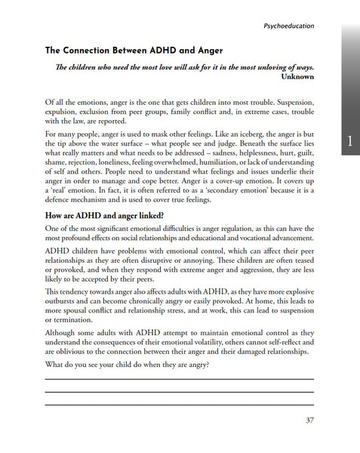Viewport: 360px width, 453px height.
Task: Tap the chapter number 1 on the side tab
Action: click(350, 140)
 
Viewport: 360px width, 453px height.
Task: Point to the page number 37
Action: click(306, 421)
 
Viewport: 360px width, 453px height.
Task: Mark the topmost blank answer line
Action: click(180, 380)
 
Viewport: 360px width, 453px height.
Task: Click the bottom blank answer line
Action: click(180, 405)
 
